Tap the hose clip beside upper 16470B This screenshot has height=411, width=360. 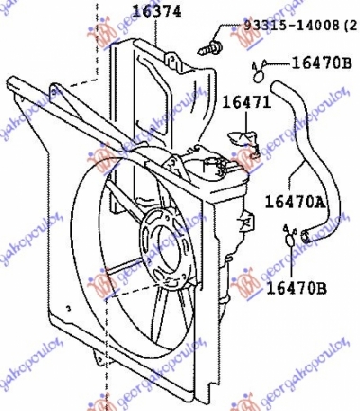point(258,66)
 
